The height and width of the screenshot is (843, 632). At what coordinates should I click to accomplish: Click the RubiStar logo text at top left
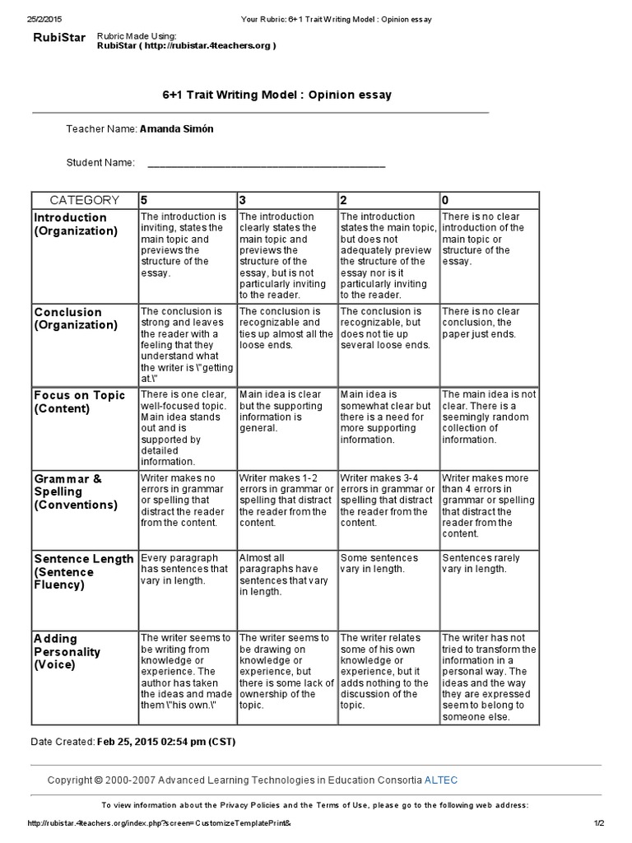tap(58, 38)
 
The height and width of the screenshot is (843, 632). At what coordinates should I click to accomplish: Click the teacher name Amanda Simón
tap(176, 129)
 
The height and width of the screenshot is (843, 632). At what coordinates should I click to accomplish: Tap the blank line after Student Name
tap(266, 163)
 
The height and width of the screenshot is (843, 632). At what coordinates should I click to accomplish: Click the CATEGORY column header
tap(84, 200)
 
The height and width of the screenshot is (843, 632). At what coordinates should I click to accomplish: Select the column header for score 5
tap(144, 200)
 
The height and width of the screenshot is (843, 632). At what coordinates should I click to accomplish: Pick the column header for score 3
tap(243, 200)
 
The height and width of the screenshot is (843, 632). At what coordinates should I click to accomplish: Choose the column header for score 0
tap(445, 200)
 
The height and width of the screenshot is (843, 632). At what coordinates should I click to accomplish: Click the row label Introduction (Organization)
tap(75, 224)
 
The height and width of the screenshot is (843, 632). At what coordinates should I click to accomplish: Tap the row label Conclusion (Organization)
tap(75, 319)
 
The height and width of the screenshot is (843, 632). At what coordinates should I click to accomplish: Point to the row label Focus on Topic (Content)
tap(80, 402)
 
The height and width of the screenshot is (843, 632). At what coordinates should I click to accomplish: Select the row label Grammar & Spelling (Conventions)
tap(75, 491)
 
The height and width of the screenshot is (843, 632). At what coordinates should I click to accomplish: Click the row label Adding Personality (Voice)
tap(67, 651)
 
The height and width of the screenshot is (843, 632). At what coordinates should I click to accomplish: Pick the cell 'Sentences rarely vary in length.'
tap(481, 563)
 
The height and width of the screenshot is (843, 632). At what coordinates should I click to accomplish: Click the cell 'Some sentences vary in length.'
tap(379, 563)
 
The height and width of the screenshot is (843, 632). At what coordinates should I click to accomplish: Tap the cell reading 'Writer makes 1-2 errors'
tap(286, 500)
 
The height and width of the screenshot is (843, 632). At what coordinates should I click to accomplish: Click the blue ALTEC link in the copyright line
tap(442, 779)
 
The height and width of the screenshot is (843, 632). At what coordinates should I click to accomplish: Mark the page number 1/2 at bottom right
tap(598, 823)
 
